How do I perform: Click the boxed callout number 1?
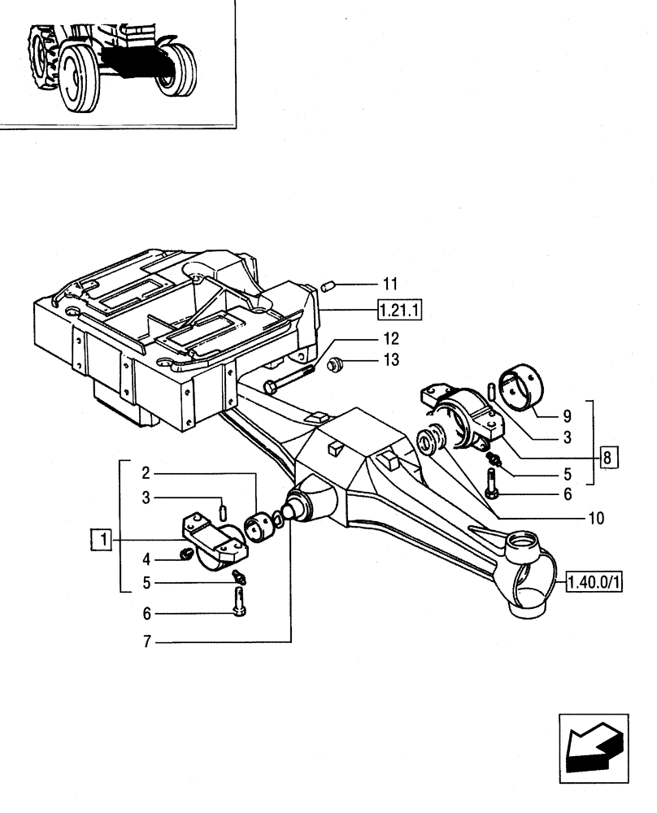tap(101, 538)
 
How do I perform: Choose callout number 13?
tap(391, 360)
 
